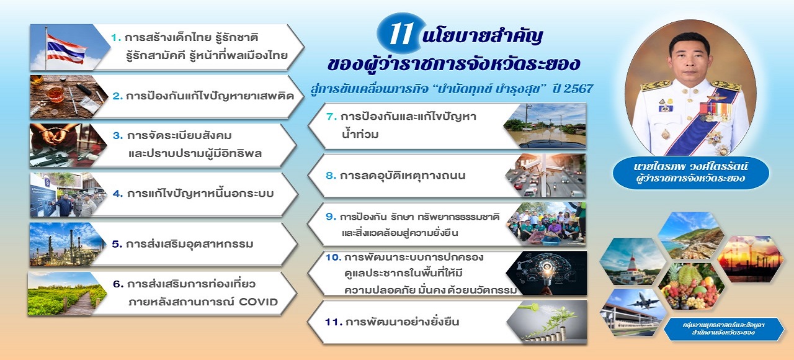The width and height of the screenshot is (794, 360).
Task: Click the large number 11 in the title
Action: [401, 34]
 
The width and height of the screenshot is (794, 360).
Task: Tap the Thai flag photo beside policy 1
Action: [68, 47]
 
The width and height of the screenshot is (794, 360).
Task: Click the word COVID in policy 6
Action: [258, 302]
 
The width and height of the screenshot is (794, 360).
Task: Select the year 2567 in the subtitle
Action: [578, 89]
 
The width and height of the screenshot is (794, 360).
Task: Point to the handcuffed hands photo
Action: [68, 145]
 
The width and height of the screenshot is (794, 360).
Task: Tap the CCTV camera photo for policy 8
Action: [546, 176]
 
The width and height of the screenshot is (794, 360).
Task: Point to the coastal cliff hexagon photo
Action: [690, 235]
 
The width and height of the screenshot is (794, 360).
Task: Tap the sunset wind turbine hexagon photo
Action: [751, 259]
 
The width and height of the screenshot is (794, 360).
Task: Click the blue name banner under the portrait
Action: [690, 173]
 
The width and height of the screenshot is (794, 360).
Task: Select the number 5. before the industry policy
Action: [117, 244]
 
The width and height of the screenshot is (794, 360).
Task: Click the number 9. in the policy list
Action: [331, 217]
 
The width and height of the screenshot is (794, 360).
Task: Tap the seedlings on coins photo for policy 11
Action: [548, 322]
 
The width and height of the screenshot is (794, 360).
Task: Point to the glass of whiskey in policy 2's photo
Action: [54, 93]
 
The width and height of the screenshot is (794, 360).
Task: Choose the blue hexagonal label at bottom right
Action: [723, 329]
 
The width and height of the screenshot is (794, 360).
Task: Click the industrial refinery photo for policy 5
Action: [68, 245]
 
